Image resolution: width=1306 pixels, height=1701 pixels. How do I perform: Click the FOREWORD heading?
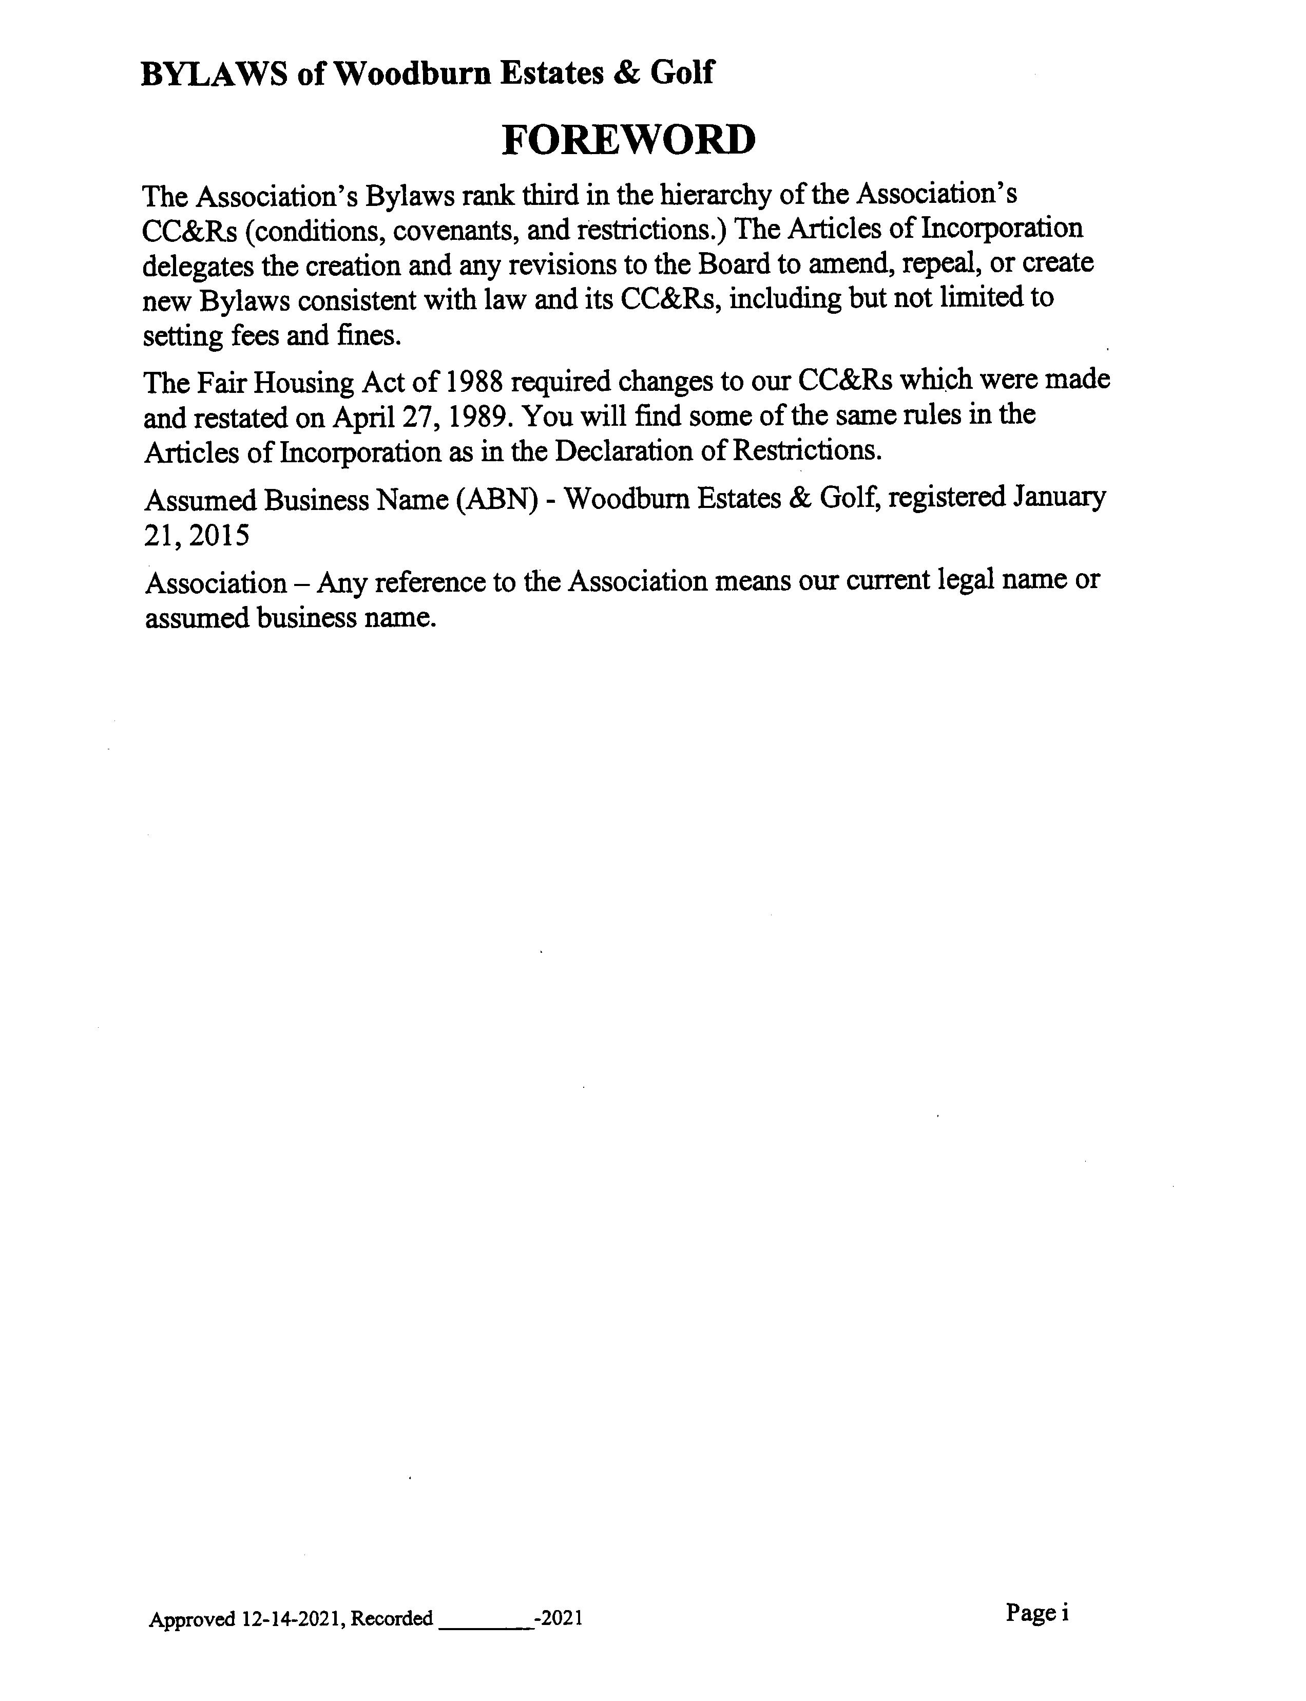point(628,140)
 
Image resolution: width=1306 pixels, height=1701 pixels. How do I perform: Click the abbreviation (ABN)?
point(496,499)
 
